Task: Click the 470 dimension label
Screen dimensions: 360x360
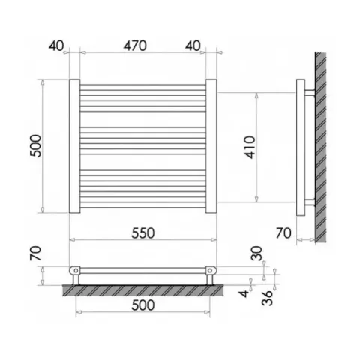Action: point(135,46)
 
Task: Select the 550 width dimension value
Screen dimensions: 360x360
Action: point(143,233)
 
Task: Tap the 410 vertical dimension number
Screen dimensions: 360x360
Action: point(250,147)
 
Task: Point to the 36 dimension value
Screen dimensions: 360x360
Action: point(268,298)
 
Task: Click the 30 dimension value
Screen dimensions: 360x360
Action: point(257,253)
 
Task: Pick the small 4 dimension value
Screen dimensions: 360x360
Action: point(244,293)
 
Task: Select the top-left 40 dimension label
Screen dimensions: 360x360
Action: point(56,46)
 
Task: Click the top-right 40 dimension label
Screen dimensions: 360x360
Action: point(193,46)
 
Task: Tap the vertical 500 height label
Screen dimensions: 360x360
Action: point(35,146)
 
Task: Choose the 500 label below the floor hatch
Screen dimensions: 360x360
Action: point(143,305)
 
